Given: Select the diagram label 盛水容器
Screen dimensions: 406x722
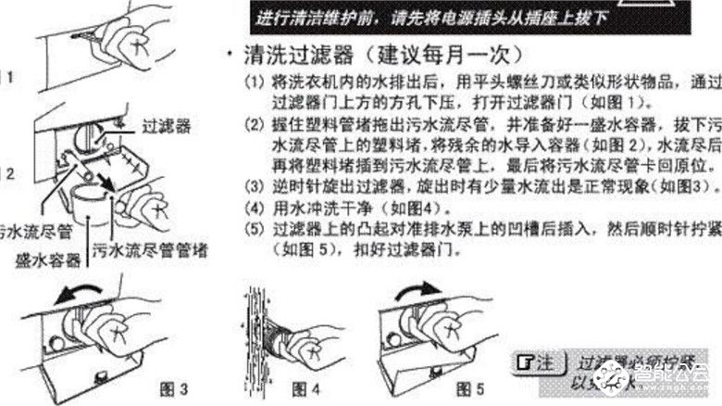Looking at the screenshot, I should (45, 262).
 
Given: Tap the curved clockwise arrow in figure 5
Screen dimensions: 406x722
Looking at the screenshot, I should (417, 294).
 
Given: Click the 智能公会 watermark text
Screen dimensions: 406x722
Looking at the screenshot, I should (680, 376).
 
